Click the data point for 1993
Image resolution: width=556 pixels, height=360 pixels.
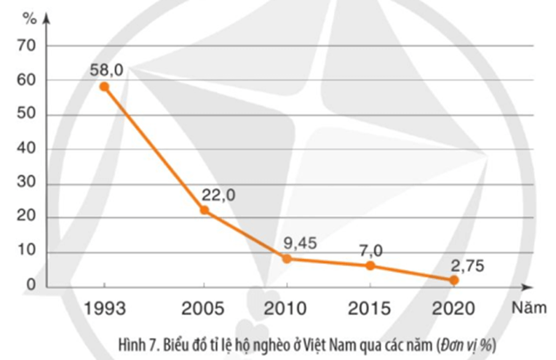pos(104,87)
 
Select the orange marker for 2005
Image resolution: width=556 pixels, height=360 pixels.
pos(204,210)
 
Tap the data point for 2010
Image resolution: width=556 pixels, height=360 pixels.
pos(288,258)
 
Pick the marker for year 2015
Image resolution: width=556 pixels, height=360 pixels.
pos(370,265)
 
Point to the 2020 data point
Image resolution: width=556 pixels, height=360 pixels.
pos(454,280)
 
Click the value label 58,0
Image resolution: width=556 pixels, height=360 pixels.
pos(107,70)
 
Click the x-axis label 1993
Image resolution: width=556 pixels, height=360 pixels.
pos(104,308)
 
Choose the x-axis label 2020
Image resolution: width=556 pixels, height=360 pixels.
pos(454,308)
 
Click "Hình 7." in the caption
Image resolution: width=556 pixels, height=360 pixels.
pos(139,342)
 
